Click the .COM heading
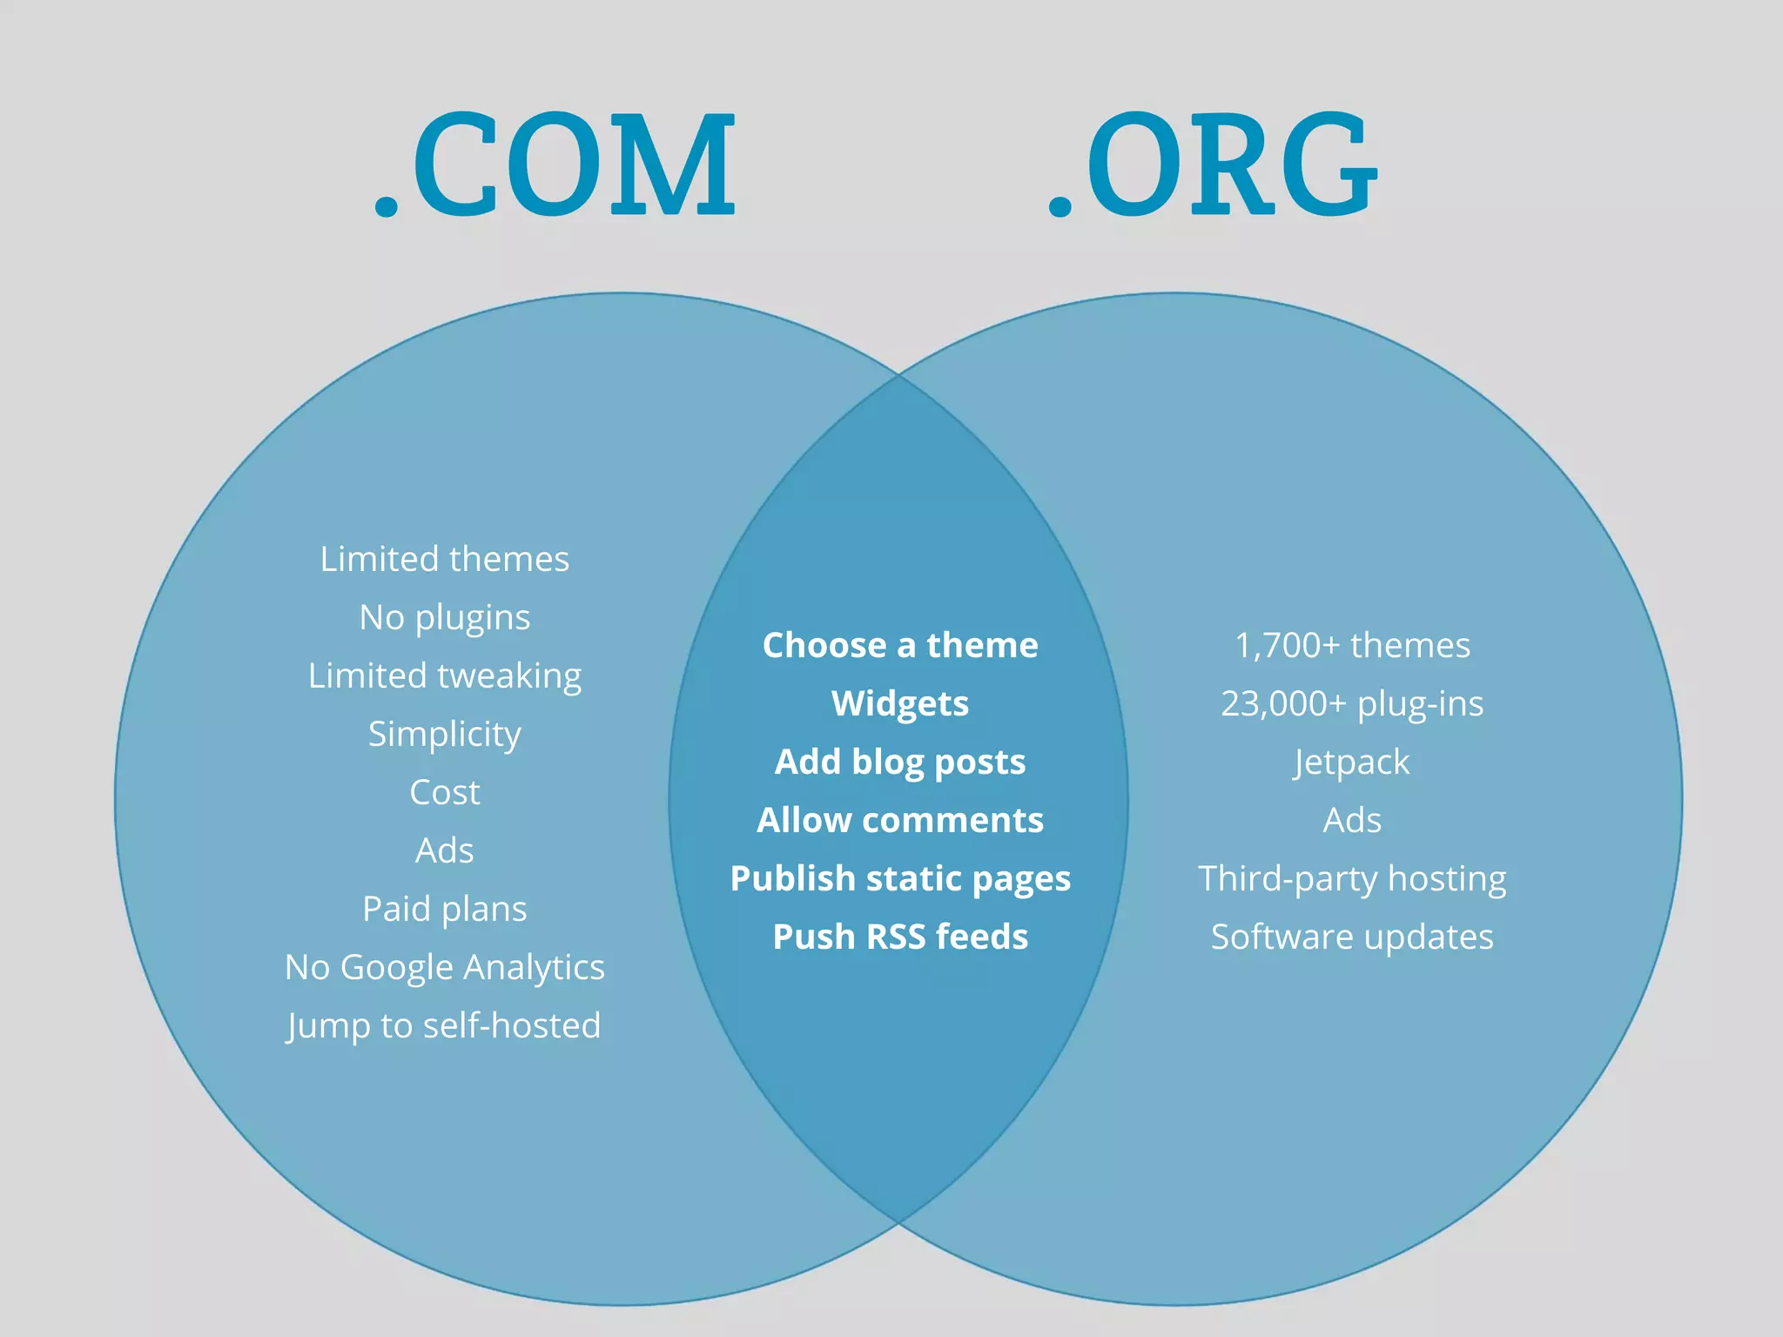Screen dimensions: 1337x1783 [555, 165]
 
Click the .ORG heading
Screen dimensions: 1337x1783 [1213, 165]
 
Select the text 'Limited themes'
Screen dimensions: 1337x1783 [444, 559]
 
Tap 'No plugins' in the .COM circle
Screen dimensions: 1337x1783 [444, 618]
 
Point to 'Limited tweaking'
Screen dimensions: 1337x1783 [444, 676]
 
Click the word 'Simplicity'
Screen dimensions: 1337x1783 [444, 735]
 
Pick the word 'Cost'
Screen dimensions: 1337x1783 [444, 793]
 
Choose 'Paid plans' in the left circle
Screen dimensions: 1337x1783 [444, 910]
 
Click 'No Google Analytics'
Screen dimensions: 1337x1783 [444, 968]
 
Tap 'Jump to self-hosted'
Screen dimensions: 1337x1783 [444, 1026]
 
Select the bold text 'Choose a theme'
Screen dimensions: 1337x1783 [900, 646]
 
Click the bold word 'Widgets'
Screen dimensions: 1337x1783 [900, 704]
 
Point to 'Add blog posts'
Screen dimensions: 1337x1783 [900, 763]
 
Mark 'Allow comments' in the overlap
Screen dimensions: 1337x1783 [900, 821]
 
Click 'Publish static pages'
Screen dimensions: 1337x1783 [900, 879]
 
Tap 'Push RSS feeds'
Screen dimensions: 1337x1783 [900, 937]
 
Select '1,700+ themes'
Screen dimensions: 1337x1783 [1352, 646]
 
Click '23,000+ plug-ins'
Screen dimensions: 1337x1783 [1352, 704]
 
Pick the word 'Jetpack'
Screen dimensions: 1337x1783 [1352, 763]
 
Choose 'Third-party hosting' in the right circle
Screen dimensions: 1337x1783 [1352, 879]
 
